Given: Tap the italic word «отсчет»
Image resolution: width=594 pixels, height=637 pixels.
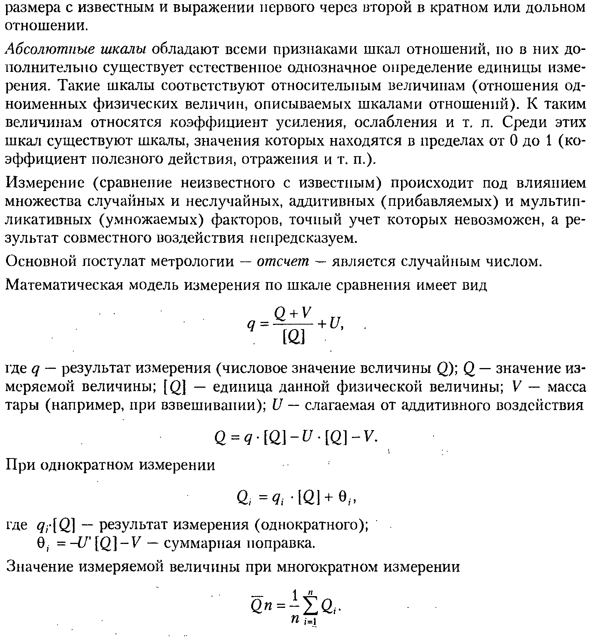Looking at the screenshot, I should (283, 261).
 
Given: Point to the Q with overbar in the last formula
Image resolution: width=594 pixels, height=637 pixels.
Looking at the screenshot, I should (256, 606).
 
